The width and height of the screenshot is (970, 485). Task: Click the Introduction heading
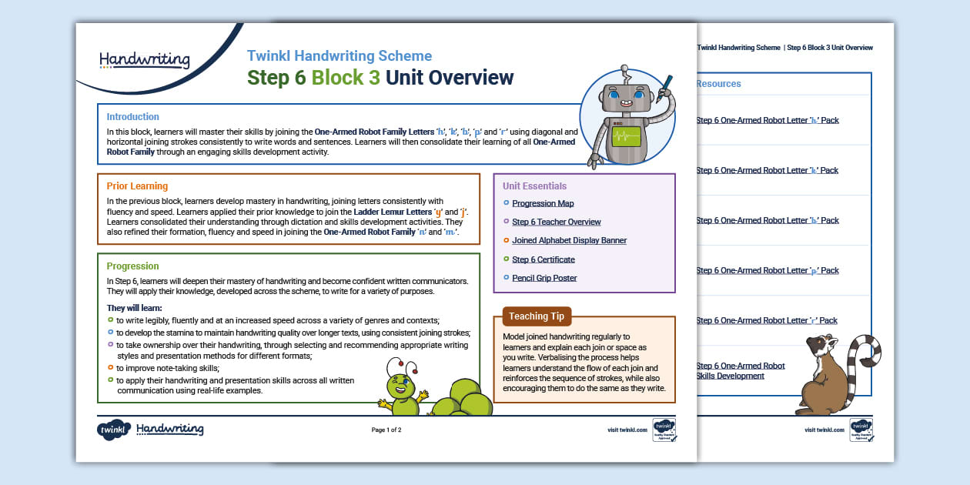click(x=132, y=117)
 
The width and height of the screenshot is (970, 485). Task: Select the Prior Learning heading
click(x=137, y=186)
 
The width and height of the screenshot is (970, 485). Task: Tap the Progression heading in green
click(x=132, y=266)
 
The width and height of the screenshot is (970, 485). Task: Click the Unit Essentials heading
click(x=534, y=186)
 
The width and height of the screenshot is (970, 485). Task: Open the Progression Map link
click(x=543, y=203)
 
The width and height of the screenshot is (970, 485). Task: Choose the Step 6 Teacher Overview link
click(x=556, y=222)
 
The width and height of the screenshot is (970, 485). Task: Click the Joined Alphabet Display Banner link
click(x=569, y=240)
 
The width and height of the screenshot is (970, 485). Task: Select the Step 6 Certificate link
click(x=543, y=259)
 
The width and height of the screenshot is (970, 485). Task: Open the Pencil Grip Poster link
click(x=544, y=278)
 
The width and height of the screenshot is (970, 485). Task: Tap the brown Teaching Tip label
click(x=537, y=316)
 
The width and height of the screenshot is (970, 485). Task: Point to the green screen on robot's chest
click(x=626, y=137)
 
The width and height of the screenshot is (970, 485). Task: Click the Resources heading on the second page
click(x=718, y=84)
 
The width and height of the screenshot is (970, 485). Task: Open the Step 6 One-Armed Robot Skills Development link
click(x=740, y=371)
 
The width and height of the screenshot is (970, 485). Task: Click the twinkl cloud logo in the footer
click(x=113, y=430)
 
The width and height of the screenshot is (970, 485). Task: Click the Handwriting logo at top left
click(x=144, y=60)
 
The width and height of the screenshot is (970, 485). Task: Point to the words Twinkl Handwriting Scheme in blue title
click(x=339, y=56)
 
